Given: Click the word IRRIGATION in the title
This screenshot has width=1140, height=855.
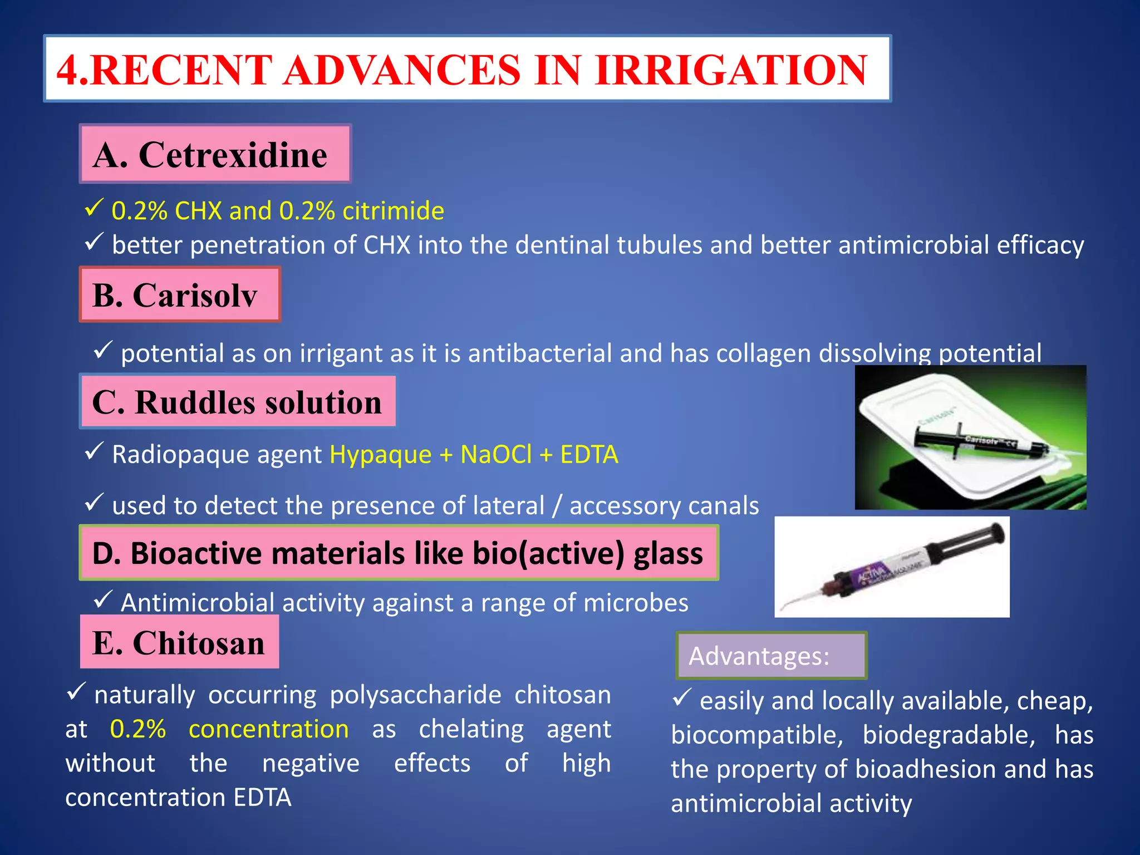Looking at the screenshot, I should [x=731, y=70].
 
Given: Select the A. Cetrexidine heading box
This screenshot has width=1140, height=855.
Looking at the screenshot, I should [x=215, y=154].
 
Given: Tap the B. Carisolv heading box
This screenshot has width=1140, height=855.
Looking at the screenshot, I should [x=179, y=294].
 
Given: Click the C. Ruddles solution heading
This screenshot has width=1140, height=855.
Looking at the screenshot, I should [x=238, y=402].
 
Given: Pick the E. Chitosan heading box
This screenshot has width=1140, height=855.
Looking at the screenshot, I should [x=179, y=642].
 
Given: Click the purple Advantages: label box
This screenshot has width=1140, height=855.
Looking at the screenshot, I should [x=771, y=656].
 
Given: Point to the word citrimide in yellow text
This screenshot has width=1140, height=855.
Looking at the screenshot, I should [x=393, y=211].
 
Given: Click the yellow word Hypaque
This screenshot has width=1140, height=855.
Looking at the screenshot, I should [x=380, y=454].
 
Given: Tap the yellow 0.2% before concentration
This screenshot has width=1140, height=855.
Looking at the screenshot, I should [x=137, y=729].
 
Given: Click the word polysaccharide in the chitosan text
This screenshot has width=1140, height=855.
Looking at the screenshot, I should [x=415, y=695].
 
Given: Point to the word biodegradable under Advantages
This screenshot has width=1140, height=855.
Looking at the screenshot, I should [x=949, y=735].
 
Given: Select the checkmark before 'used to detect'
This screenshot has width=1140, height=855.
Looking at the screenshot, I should [x=94, y=502].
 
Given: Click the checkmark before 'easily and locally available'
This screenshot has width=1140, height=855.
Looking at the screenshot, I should [x=681, y=697].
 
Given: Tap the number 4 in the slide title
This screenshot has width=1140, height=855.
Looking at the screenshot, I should [x=67, y=70].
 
